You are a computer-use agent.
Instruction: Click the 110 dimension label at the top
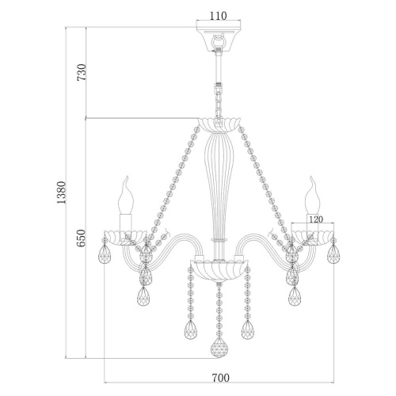click(x=218, y=16)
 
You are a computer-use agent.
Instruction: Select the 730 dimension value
click(x=82, y=72)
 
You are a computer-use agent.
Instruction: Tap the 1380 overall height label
click(x=61, y=192)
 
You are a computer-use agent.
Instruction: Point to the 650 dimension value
click(x=82, y=238)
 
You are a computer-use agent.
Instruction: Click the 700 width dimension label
click(x=221, y=378)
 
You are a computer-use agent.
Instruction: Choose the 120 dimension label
click(x=316, y=219)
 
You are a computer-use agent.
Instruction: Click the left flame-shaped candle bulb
click(x=126, y=196)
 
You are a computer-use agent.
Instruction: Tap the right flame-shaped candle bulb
click(x=313, y=196)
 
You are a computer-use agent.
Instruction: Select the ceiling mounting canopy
click(x=219, y=39)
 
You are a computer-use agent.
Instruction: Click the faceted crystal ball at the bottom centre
click(x=219, y=347)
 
